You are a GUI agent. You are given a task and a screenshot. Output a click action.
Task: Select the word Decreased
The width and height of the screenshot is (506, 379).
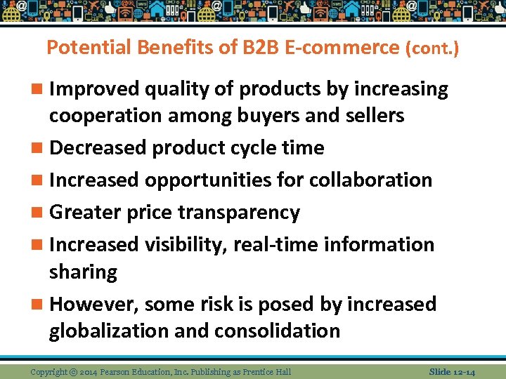click(x=98, y=148)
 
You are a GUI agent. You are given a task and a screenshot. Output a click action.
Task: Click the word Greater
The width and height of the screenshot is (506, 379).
click(x=86, y=212)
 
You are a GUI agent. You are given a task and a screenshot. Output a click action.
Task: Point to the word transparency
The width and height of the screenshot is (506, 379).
click(x=239, y=212)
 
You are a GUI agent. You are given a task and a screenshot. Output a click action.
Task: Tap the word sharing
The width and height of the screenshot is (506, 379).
click(x=83, y=272)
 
